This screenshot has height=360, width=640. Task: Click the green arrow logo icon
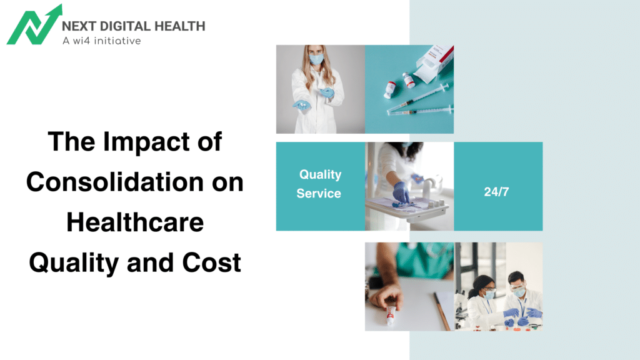pyautogui.click(x=34, y=25)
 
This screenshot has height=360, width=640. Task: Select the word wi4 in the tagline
pyautogui.click(x=79, y=41)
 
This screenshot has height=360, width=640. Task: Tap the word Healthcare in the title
pyautogui.click(x=135, y=222)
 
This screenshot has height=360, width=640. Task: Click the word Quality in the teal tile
pyautogui.click(x=320, y=174)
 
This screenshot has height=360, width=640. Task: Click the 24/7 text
pyautogui.click(x=496, y=192)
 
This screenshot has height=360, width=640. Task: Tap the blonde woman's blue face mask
pyautogui.click(x=317, y=59)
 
